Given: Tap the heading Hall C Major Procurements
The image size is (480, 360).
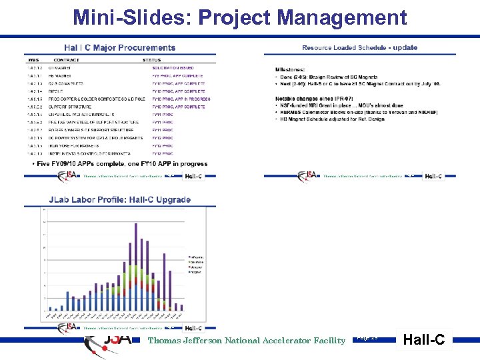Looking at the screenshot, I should tap(120, 48).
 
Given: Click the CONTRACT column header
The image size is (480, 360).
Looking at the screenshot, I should tap(67, 60).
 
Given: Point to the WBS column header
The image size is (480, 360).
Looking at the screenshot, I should tap(32, 60).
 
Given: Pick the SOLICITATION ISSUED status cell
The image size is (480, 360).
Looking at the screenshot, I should tap(173, 68).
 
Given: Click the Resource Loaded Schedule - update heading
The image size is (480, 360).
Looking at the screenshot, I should tap(359, 48).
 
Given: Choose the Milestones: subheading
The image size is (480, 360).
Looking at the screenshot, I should tap(290, 69).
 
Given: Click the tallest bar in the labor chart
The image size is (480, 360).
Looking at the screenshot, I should tap(137, 267).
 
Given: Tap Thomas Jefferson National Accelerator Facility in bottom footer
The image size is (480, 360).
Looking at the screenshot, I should tap(247, 341).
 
